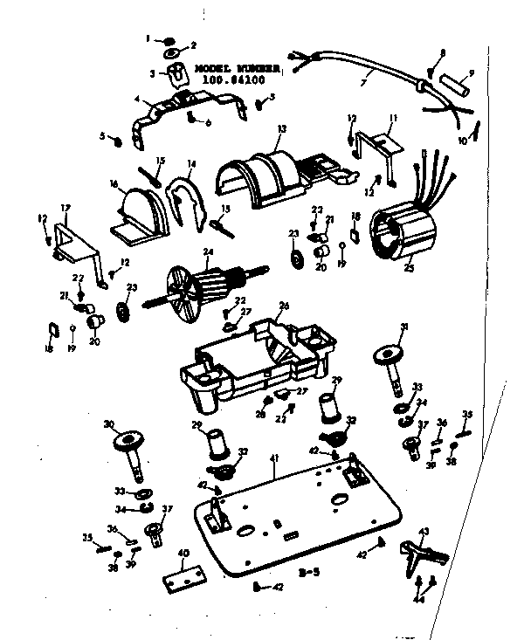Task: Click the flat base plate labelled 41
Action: (297, 515)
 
